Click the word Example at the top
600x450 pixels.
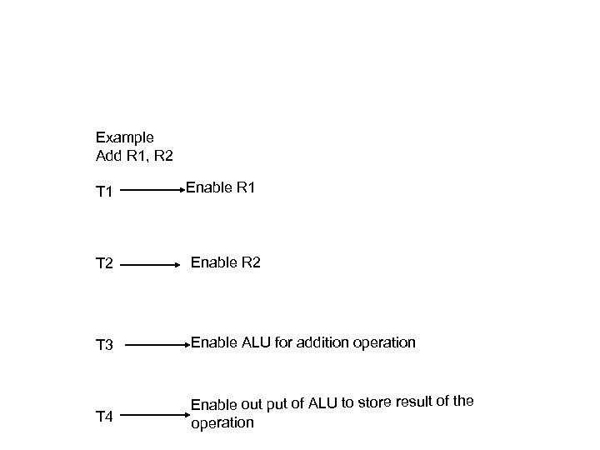point(124,137)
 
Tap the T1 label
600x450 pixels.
point(104,193)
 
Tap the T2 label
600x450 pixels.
point(105,265)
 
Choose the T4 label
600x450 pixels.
point(105,416)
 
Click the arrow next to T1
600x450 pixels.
point(157,191)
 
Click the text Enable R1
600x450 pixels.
point(220,188)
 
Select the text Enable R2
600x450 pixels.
point(225,262)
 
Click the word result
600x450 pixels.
point(413,402)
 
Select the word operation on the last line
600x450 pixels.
point(222,422)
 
